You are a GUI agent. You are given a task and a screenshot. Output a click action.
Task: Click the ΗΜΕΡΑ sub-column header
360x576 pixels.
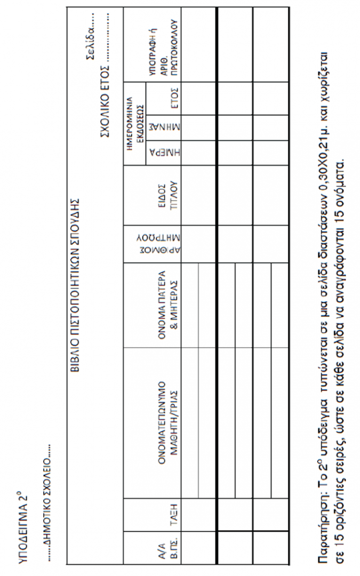(x=155, y=153)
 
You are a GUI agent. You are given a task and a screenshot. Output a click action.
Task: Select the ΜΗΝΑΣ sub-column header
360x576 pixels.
(x=155, y=127)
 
